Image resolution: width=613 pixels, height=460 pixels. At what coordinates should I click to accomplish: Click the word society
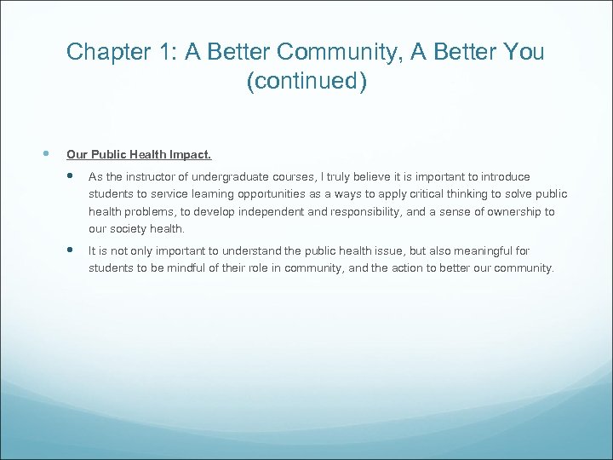click(128, 228)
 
